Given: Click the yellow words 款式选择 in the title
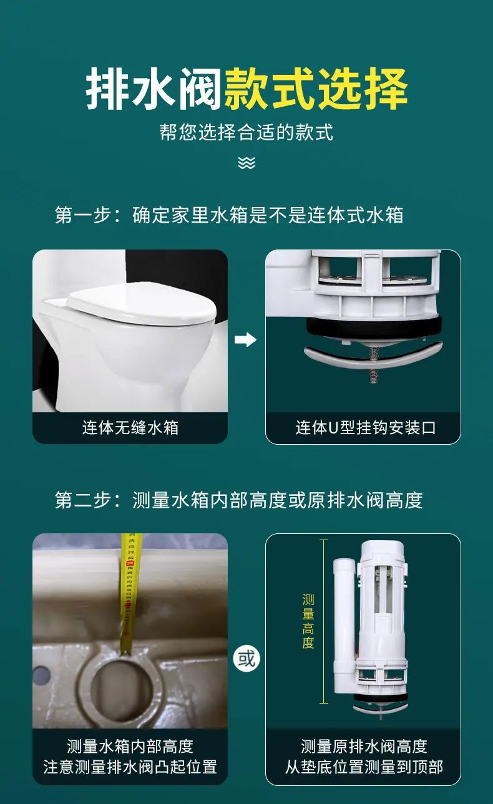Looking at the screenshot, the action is tap(316, 89).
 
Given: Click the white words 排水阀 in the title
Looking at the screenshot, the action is tap(154, 89).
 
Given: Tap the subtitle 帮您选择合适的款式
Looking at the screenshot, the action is tap(246, 132).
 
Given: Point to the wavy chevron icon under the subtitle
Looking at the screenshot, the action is tap(246, 163).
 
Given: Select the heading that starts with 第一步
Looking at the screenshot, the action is tap(229, 215).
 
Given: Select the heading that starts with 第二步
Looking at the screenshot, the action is tap(239, 500).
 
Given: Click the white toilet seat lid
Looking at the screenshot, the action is tap(142, 303).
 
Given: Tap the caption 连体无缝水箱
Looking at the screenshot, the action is tap(130, 428).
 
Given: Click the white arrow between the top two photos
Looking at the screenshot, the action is tap(246, 339).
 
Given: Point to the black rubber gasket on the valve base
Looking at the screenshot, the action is tap(373, 327).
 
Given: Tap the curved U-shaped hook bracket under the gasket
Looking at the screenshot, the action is tap(373, 356).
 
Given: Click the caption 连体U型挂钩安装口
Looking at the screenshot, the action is tap(366, 428).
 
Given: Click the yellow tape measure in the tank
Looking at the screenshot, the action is tap(129, 592).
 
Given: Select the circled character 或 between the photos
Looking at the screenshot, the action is tap(246, 658).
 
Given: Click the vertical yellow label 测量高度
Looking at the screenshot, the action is tap(308, 621).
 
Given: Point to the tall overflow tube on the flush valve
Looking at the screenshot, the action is tap(343, 624).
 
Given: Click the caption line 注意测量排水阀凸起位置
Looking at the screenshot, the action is tap(130, 767).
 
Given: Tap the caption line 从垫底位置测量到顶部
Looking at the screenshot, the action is tap(364, 767).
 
